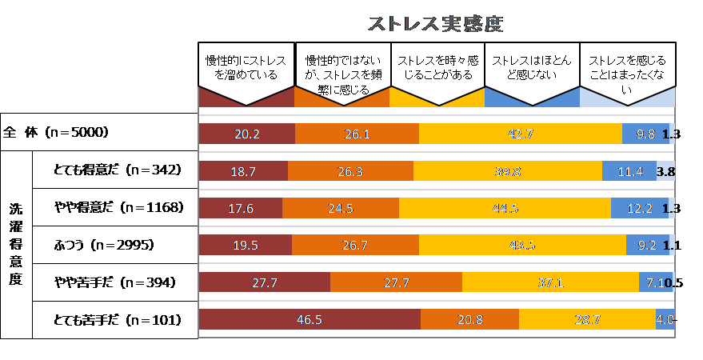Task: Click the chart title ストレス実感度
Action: pyautogui.click(x=435, y=24)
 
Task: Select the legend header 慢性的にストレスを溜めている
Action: pyautogui.click(x=246, y=69)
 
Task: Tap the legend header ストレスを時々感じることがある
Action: pyautogui.click(x=436, y=69)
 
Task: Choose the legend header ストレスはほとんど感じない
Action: pyautogui.click(x=531, y=69)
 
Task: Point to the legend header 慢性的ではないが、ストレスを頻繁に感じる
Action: pyautogui.click(x=342, y=74)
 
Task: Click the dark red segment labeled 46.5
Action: pyautogui.click(x=310, y=320)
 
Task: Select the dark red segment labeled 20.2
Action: pyautogui.click(x=246, y=134)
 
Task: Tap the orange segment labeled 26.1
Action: pyautogui.click(x=357, y=134)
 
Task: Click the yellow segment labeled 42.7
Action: pyautogui.click(x=520, y=134)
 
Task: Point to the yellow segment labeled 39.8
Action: pyautogui.click(x=508, y=171)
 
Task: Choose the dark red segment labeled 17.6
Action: pyautogui.click(x=240, y=209)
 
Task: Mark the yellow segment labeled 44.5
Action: pyautogui.click(x=505, y=209)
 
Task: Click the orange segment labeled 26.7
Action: pyautogui.click(x=355, y=246)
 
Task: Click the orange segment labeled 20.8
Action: pyautogui.click(x=469, y=320)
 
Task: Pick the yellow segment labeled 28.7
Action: pyautogui.click(x=587, y=320)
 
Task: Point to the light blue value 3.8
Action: pyautogui.click(x=665, y=171)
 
